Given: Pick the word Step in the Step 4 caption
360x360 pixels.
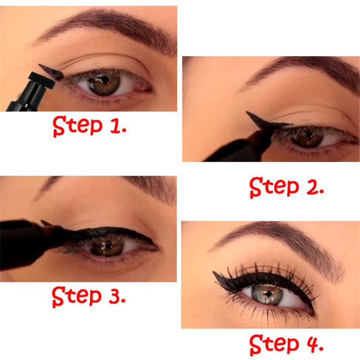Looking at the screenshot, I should pyautogui.click(x=274, y=344).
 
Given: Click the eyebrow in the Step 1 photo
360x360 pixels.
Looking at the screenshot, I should pyautogui.click(x=101, y=24).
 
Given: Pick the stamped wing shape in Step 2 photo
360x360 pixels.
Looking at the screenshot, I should pyautogui.click(x=263, y=122).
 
